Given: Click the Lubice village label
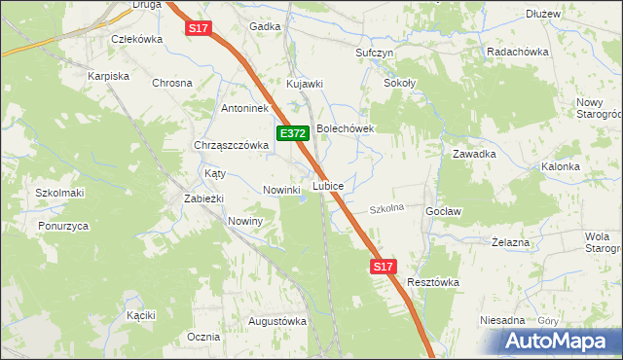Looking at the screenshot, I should pos(327,185).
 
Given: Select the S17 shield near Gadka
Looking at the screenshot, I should pos(199,28).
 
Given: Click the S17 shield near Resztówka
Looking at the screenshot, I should pos(384,266).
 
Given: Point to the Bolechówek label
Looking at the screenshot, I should pos(345,127).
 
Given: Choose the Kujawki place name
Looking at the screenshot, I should pos(304,84).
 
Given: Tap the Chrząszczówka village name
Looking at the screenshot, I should pos(230,145).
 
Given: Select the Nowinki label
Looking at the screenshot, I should pos(281,190).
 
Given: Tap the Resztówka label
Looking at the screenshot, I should pos(433,282).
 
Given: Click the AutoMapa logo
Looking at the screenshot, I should pos(558,341).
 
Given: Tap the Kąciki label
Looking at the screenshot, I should pos(141,315).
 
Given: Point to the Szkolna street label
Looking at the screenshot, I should pos(385,209).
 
